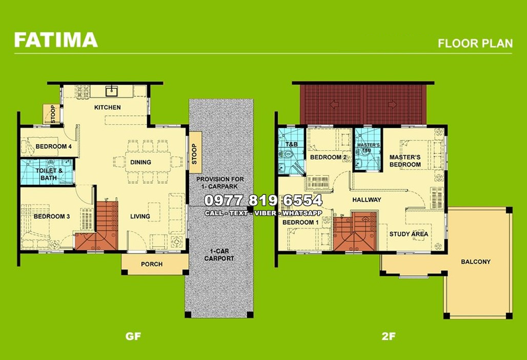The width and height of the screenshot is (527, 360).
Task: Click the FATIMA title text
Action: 55,39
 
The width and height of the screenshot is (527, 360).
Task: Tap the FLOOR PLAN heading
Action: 475,43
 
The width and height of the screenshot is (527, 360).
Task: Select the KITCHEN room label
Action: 108,107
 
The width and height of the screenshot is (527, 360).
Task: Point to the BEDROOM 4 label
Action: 53,146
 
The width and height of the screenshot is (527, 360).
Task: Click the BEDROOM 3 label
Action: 52,216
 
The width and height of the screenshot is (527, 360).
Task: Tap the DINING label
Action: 140,162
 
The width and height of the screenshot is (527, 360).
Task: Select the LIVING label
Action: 140,216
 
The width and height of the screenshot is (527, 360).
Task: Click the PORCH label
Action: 152,264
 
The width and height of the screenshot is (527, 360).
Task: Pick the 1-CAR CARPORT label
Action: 219,255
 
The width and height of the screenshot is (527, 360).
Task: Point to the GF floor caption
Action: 133,337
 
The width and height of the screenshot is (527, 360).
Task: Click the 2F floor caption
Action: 388,337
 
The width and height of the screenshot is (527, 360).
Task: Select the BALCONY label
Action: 475,262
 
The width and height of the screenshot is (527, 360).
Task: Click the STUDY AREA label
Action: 409,234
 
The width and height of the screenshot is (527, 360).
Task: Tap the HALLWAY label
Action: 367,199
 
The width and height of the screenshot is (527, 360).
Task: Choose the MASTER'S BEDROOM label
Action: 405,161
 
